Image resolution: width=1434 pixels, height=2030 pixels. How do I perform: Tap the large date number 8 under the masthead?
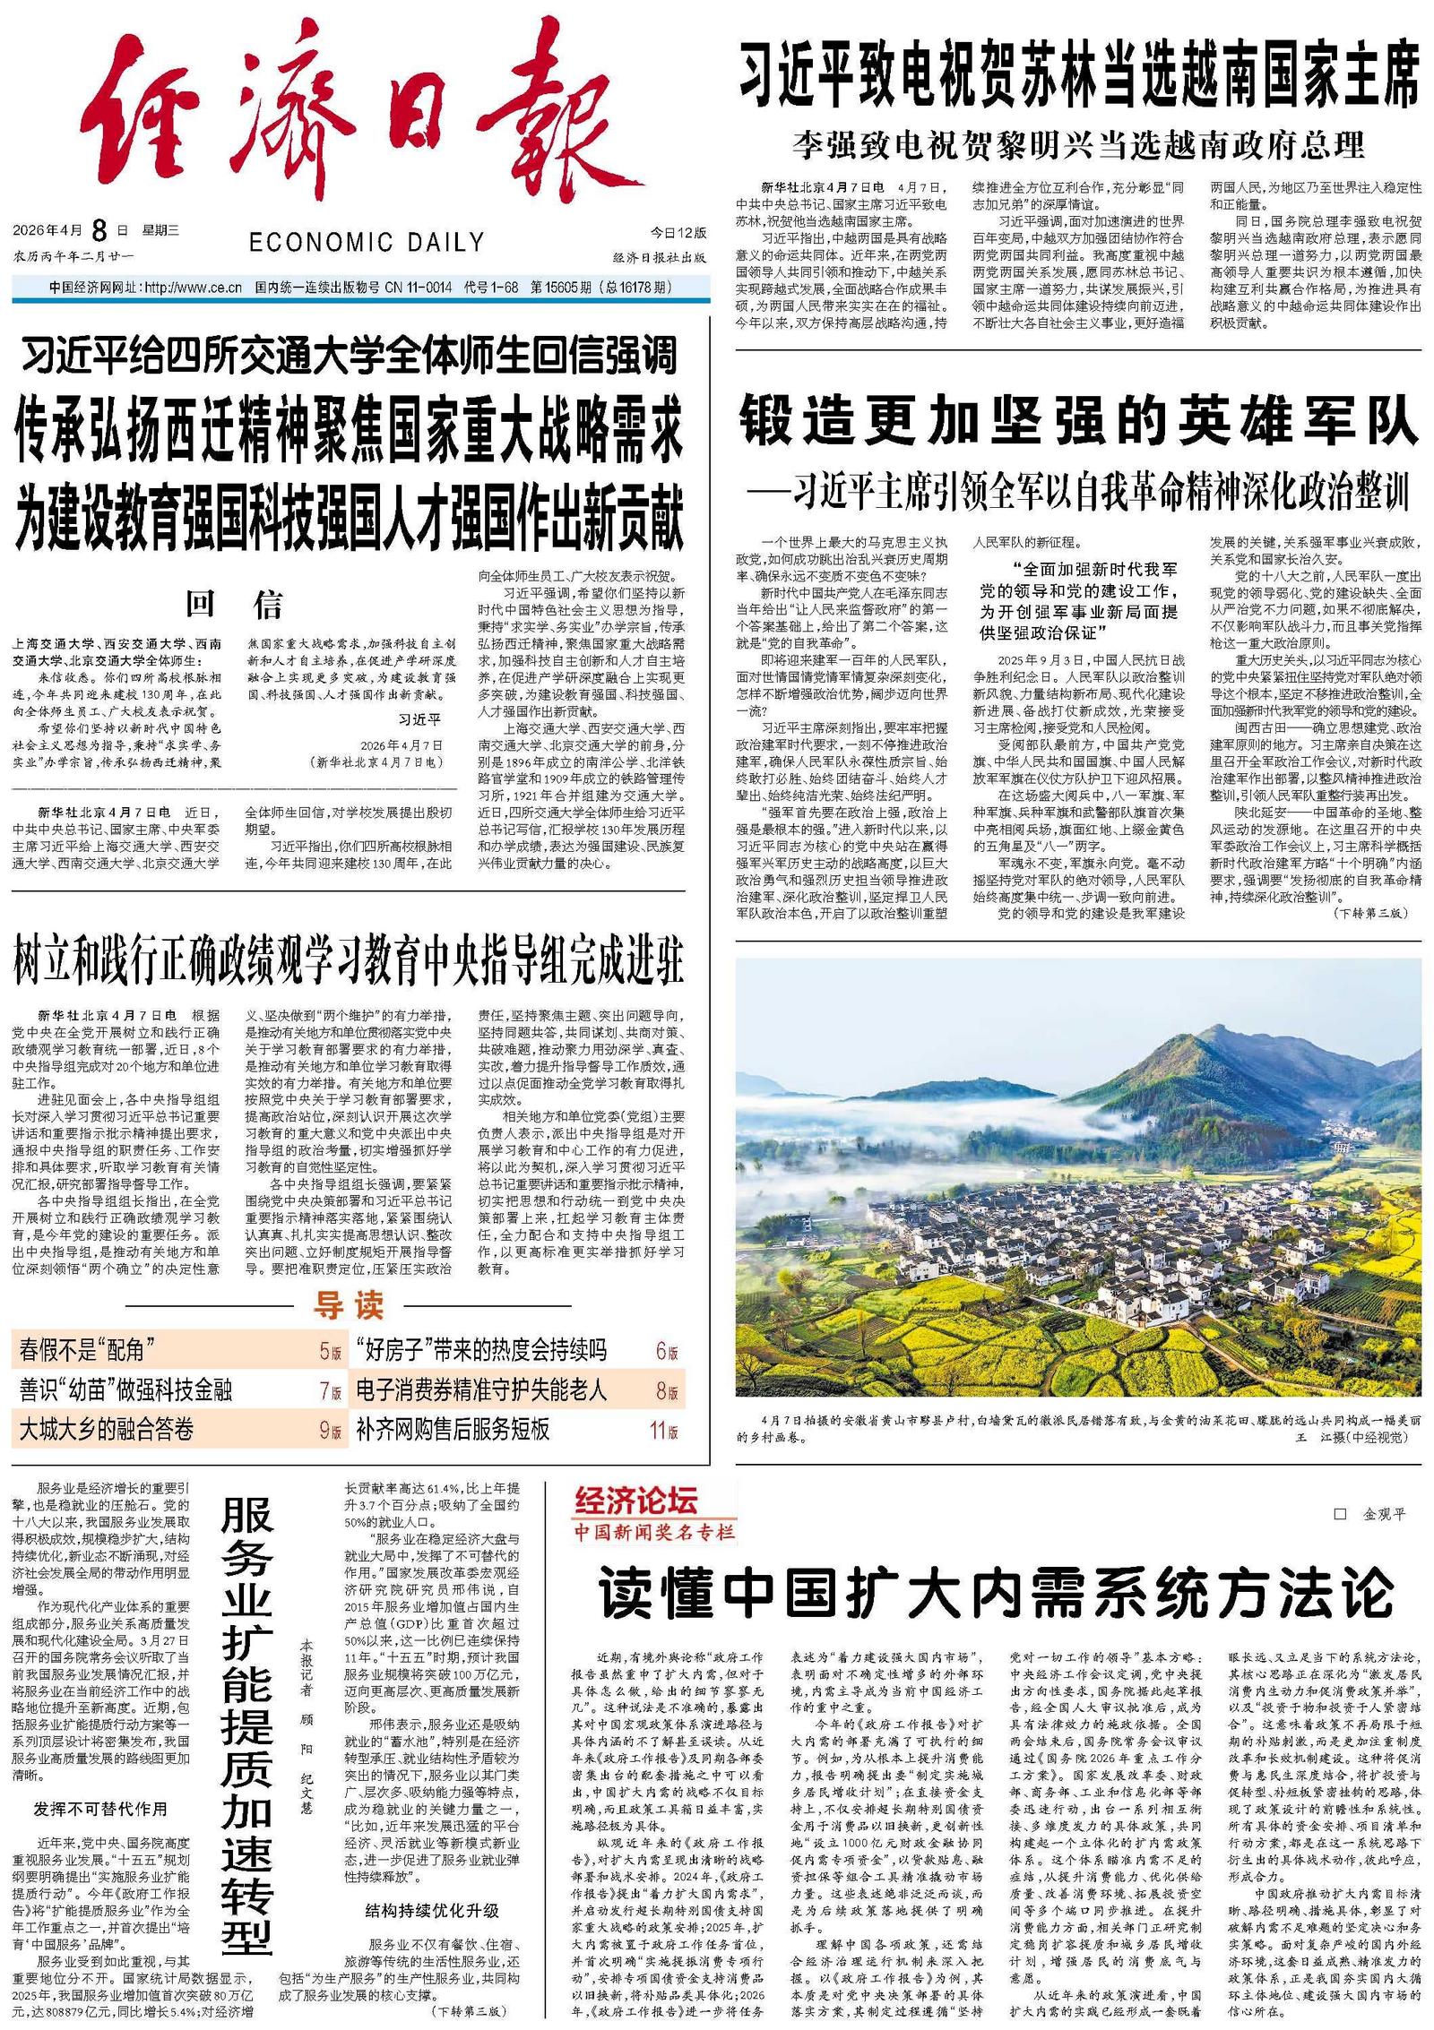click(x=99, y=231)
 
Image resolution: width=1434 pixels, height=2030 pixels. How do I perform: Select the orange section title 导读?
click(x=348, y=1305)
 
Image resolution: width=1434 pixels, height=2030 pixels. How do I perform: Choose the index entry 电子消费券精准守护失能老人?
click(x=481, y=1389)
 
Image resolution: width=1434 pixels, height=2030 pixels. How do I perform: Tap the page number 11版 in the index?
click(x=664, y=1430)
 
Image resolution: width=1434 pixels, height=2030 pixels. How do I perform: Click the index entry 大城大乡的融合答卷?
click(x=106, y=1429)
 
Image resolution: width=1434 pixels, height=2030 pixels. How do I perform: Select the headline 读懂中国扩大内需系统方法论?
click(x=995, y=1593)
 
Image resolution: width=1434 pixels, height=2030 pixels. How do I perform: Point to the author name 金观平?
click(x=1384, y=1514)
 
